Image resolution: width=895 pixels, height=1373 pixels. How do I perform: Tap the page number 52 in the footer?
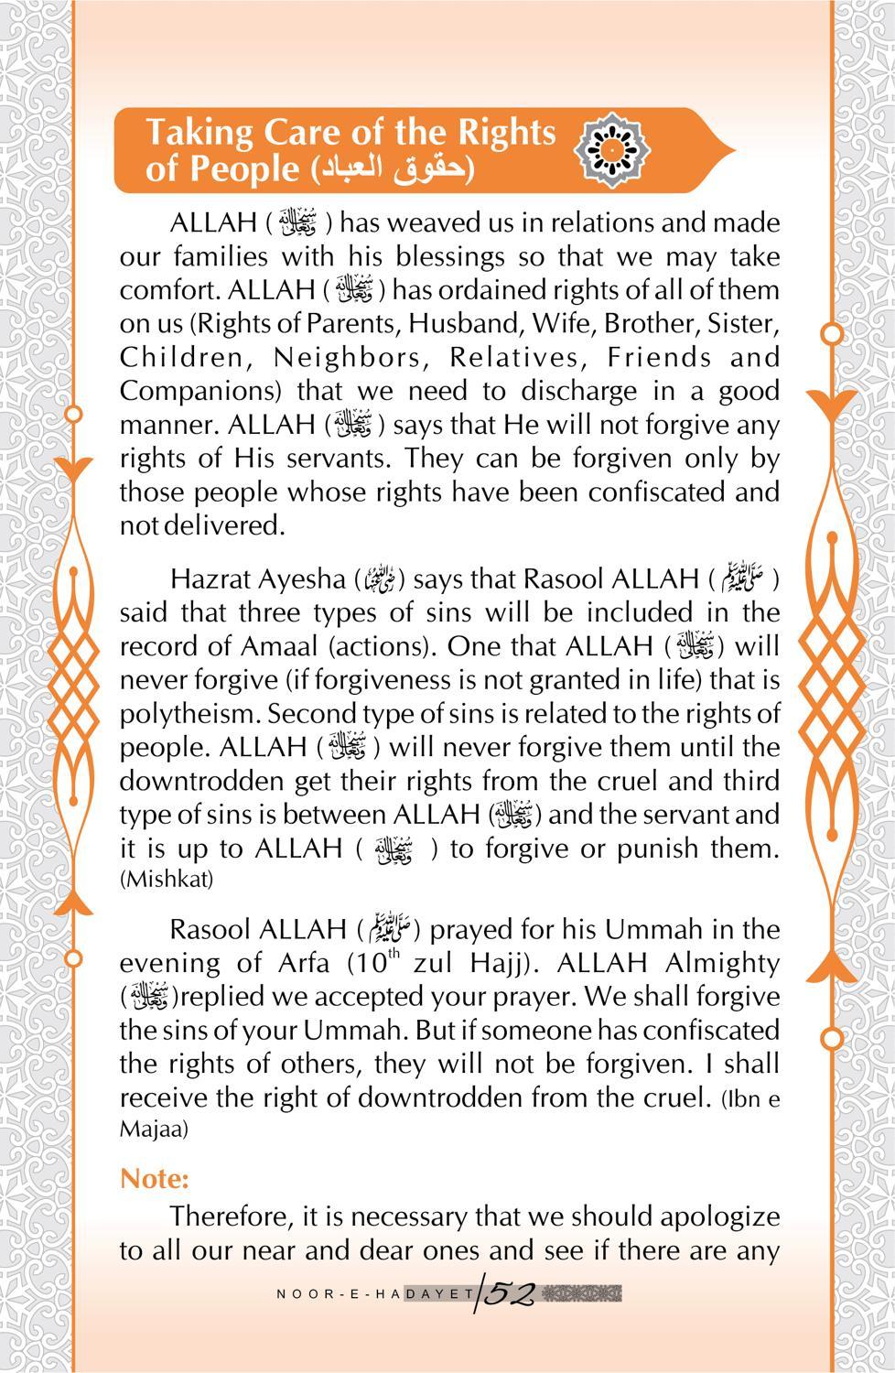(511, 1293)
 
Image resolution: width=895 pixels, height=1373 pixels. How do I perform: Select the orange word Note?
(154, 1178)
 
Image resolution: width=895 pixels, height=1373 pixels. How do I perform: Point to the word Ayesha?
(300, 579)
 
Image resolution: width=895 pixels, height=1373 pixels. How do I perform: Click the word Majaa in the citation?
(154, 1130)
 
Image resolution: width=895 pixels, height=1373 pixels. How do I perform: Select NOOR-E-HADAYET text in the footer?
(372, 1294)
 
